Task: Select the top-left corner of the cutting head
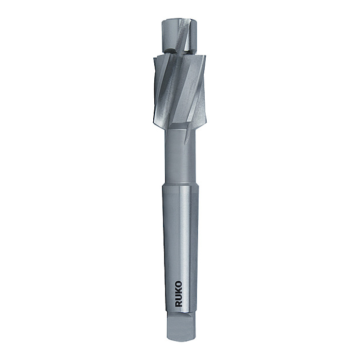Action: click(x=154, y=58)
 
